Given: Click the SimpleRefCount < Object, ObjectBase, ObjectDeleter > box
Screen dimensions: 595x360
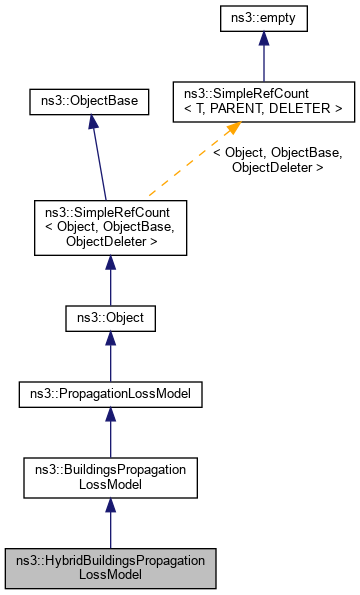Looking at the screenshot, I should point(110,227).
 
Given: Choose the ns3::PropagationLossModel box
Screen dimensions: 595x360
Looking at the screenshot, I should point(110,395).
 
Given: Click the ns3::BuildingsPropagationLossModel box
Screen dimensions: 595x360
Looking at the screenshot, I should point(110,475).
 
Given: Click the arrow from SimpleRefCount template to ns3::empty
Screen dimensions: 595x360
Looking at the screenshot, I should point(262,60).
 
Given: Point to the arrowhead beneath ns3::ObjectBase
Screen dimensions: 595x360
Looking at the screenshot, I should point(91,121).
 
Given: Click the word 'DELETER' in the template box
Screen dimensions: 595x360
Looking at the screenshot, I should point(310,108).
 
